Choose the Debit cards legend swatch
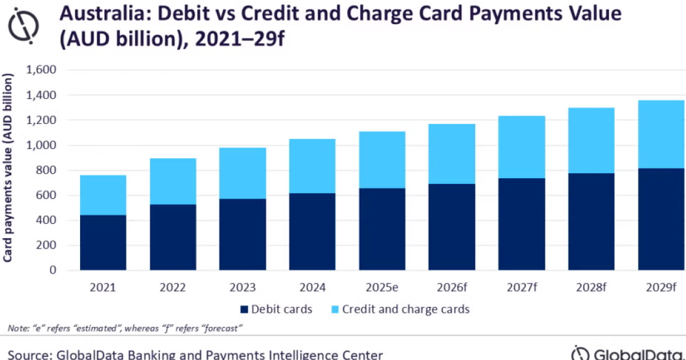244,310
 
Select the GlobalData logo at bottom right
628,353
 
